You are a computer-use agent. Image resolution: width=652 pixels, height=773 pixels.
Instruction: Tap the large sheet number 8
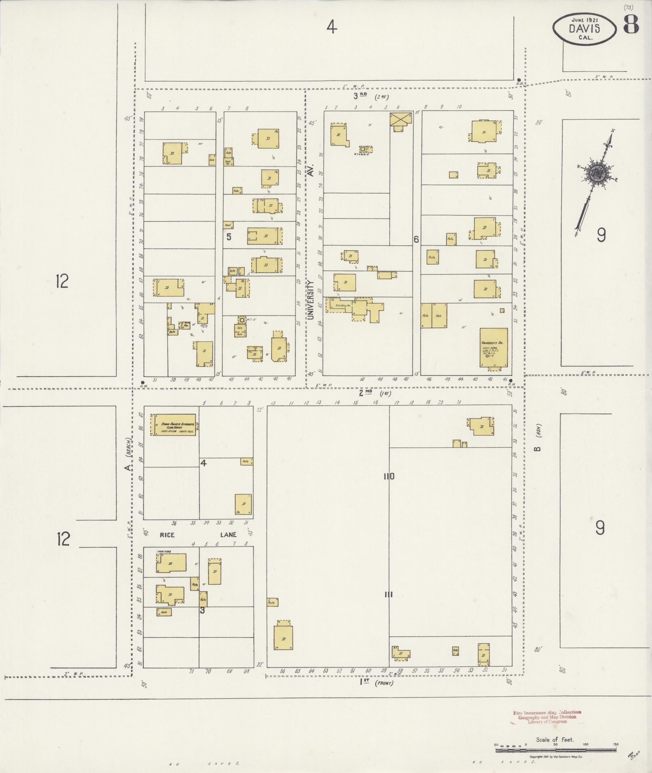pyautogui.click(x=631, y=25)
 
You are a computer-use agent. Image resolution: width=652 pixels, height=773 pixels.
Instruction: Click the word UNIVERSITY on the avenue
pyautogui.click(x=310, y=300)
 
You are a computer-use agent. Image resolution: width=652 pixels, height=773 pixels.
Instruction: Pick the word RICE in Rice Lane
pyautogui.click(x=167, y=535)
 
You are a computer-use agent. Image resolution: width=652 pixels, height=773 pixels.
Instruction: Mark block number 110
pyautogui.click(x=389, y=476)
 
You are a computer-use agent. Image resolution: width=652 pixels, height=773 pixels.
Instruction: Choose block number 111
pyautogui.click(x=389, y=594)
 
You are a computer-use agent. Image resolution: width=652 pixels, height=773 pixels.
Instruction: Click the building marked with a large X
pyautogui.click(x=401, y=119)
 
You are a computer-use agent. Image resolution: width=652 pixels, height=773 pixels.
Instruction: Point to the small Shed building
pyautogui.click(x=228, y=225)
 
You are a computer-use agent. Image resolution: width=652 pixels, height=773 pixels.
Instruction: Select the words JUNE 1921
pyautogui.click(x=585, y=19)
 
